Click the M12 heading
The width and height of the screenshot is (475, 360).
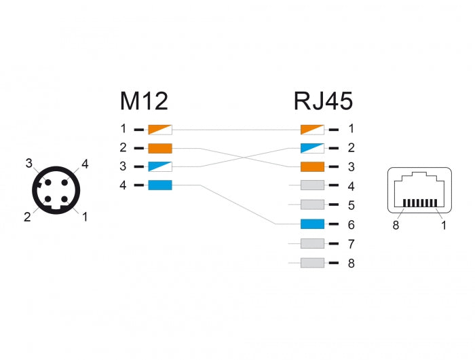coord(144,102)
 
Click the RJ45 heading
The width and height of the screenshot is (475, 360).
coord(323,102)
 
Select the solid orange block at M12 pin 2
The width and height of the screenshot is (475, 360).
coord(160,147)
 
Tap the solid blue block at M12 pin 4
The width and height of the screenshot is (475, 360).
coord(160,185)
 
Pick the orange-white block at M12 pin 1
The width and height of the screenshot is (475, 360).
coord(160,128)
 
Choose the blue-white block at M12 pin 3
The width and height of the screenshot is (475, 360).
coord(160,166)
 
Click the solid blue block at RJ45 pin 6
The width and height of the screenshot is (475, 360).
coord(312,224)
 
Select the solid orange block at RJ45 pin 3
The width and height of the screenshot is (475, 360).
coord(312,166)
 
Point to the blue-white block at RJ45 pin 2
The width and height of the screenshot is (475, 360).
coord(312,147)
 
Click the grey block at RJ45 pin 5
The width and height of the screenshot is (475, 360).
coord(312,204)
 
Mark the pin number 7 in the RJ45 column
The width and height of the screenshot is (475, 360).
coord(351,244)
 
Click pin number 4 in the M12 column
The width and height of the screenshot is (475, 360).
coord(123,185)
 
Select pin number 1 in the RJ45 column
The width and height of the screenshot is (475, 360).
coord(351,128)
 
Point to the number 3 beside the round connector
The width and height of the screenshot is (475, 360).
coord(29,162)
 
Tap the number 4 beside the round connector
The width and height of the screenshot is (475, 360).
coord(85,163)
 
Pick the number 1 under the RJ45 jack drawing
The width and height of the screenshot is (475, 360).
coord(444,225)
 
